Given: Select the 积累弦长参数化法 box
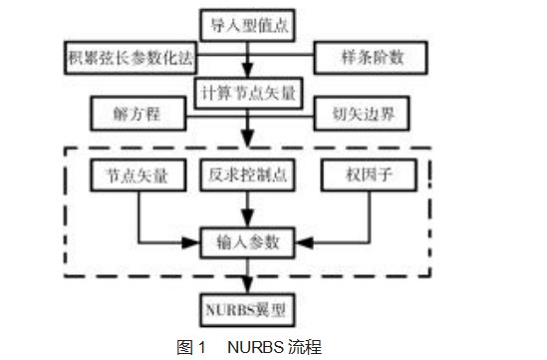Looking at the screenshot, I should tap(122, 56).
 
